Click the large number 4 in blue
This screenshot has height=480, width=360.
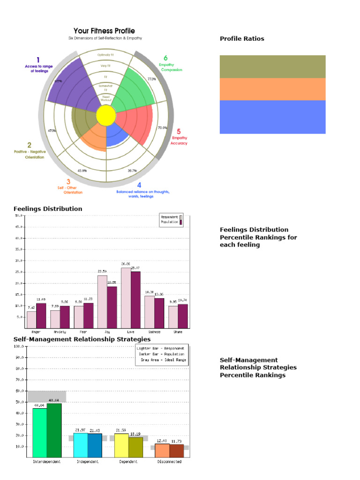(x=139, y=185)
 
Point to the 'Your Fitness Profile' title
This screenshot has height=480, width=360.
(x=104, y=31)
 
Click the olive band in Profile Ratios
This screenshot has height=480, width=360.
(x=272, y=67)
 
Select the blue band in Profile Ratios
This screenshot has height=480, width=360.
(x=272, y=117)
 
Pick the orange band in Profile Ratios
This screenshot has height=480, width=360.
(x=272, y=89)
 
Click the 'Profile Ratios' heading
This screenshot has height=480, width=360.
(x=242, y=39)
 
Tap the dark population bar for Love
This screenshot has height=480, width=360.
(x=135, y=300)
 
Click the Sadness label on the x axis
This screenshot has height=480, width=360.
(x=154, y=332)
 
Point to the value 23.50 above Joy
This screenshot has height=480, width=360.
(x=102, y=271)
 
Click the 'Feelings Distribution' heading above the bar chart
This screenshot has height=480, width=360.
(x=48, y=209)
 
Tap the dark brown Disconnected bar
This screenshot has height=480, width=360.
(x=177, y=451)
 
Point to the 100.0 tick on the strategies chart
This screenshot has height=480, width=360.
(x=19, y=346)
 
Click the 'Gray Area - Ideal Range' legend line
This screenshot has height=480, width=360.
(x=162, y=360)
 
